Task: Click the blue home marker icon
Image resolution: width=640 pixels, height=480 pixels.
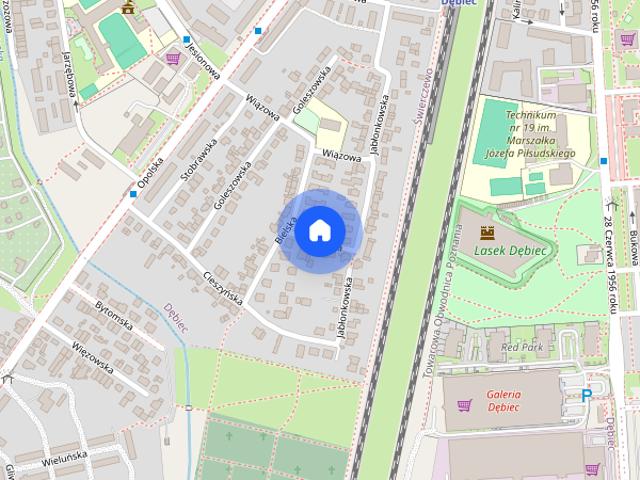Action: pyautogui.click(x=318, y=230)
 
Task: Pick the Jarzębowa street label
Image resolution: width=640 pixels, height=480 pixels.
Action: pyautogui.click(x=70, y=72)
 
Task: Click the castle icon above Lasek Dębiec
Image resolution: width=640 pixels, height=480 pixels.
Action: pyautogui.click(x=488, y=233)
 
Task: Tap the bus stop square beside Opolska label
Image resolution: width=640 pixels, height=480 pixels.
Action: pyautogui.click(x=133, y=194)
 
